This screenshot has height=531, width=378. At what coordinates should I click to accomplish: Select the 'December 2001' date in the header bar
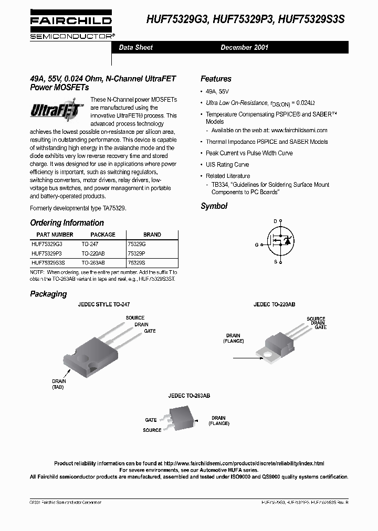pos(244,47)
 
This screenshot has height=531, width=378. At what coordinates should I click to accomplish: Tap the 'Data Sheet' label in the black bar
pos(135,47)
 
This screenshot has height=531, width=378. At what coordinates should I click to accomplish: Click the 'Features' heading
pos(216,79)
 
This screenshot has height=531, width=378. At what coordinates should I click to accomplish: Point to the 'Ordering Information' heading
pos(67,222)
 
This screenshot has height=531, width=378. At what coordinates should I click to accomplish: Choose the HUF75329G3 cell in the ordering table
pos(47,244)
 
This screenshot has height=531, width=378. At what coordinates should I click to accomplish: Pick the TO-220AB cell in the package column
pos(93,253)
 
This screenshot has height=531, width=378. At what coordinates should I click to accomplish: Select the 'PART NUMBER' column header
pos(55,235)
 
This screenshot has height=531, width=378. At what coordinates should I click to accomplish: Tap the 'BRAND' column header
pos(152,235)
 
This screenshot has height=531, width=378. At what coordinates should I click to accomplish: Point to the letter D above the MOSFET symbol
pos(275,221)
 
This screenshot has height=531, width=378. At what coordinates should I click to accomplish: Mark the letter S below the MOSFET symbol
pos(275,261)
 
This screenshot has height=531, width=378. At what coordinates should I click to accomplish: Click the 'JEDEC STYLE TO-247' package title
pos(103,304)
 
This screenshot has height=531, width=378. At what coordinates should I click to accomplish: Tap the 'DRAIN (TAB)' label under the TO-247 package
pos(58,384)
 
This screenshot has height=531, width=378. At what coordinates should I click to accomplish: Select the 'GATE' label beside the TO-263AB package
pos(151,420)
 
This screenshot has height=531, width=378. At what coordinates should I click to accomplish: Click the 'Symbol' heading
pos(214,206)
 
